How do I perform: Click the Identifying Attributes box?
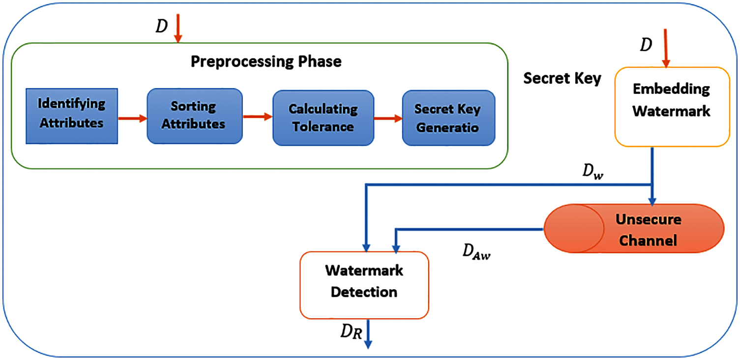pos(72,117)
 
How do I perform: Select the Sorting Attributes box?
pos(194,116)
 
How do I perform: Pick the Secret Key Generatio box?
pos(448,118)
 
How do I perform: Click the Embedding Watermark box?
pos(671,107)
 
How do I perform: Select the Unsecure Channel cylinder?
pos(634,229)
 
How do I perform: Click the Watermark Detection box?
pos(364,285)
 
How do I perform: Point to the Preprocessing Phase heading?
pos(266,62)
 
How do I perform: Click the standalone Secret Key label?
pos(562,78)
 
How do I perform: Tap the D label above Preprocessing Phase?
pos(162,27)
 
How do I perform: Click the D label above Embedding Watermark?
pos(646,45)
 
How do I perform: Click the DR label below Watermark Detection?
pos(351,333)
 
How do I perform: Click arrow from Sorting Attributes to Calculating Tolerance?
pos(258,117)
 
